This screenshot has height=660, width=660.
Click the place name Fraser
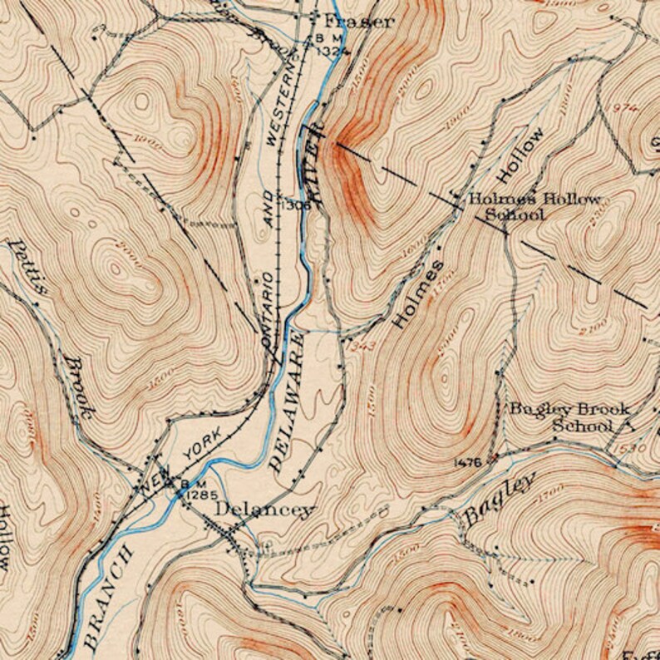358,22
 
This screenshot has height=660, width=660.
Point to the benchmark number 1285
201,495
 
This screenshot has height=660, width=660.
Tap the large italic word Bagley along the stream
499,499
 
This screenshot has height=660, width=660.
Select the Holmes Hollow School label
532,207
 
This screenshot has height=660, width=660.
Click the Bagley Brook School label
569,416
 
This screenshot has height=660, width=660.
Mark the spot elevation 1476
468,462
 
